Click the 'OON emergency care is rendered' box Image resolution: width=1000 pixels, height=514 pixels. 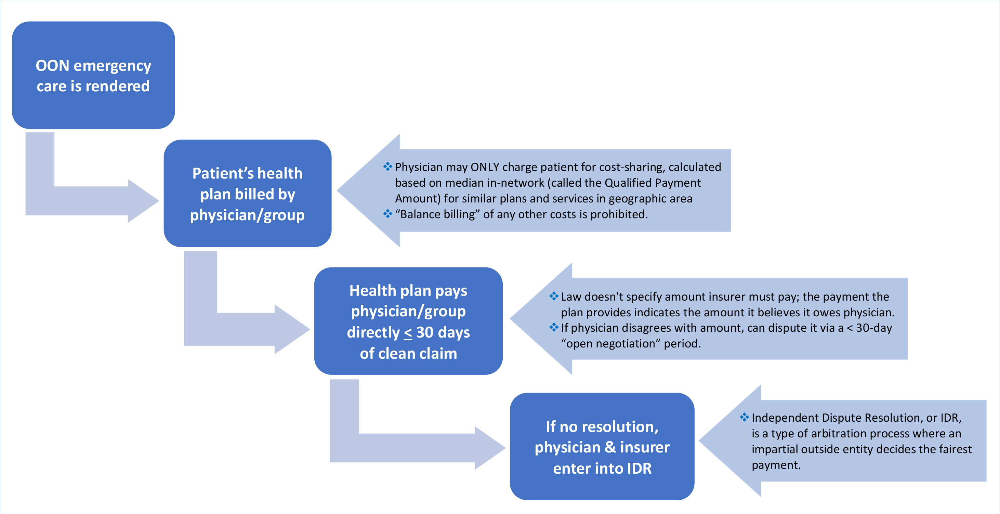(93, 75)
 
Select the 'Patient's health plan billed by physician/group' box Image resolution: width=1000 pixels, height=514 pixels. (247, 193)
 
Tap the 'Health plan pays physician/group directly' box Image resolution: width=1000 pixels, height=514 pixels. (408, 321)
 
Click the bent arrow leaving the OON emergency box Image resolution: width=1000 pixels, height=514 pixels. (78, 200)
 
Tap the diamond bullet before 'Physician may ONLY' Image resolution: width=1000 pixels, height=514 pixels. (387, 167)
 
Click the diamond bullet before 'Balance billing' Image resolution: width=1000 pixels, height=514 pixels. (387, 214)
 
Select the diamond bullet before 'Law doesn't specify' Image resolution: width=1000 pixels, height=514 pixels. (554, 296)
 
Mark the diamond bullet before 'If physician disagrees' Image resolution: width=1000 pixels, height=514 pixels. (554, 328)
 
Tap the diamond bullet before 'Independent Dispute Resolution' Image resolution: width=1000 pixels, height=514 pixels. (744, 417)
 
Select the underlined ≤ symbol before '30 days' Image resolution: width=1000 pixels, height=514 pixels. (408, 333)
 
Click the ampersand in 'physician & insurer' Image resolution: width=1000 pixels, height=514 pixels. (610, 447)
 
